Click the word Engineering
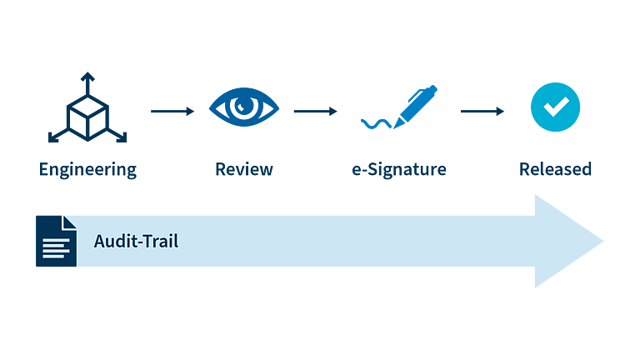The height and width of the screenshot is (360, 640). click(x=87, y=170)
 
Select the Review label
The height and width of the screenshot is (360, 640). click(x=244, y=169)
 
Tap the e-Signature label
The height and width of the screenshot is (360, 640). click(x=399, y=169)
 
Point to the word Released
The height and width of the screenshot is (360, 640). click(x=555, y=169)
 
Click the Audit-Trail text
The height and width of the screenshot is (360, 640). click(x=136, y=241)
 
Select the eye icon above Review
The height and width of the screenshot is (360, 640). click(x=244, y=107)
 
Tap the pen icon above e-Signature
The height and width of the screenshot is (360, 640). click(x=415, y=106)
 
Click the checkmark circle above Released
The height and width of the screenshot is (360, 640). click(x=555, y=107)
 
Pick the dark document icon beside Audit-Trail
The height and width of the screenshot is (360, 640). click(x=56, y=241)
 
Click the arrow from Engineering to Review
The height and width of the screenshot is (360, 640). click(x=172, y=111)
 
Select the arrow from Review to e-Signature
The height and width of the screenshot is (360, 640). click(x=316, y=111)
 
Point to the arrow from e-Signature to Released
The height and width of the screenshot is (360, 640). click(x=482, y=111)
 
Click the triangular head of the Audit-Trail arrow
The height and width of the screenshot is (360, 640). click(x=567, y=241)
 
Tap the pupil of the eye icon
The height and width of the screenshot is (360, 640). click(x=243, y=106)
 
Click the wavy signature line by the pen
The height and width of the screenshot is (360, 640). click(x=376, y=123)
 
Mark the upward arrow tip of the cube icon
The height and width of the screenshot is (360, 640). click(x=87, y=73)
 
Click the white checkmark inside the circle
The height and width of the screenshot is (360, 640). click(x=556, y=106)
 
